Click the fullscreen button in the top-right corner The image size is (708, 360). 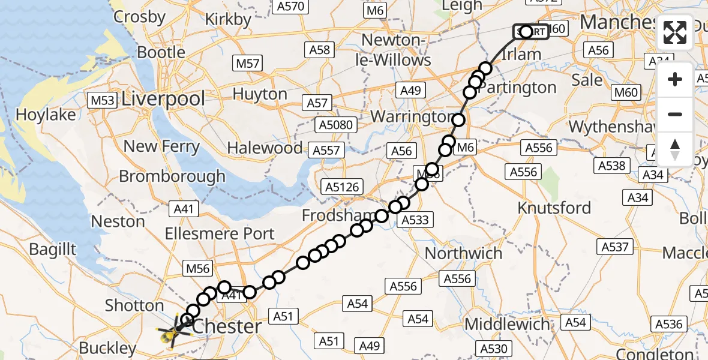point(675,32)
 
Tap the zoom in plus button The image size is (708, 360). point(675,79)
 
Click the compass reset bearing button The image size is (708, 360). point(675,149)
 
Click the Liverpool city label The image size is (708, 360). point(163,99)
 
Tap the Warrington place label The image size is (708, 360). point(412,116)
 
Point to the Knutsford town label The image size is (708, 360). point(554,208)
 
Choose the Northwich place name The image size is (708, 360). point(463,253)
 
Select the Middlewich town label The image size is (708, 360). point(507,325)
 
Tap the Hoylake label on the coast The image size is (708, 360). point(46,114)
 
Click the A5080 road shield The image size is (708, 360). point(337,125)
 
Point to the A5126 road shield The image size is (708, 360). point(343,187)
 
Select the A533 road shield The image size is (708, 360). point(415,220)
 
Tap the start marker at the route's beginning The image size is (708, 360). point(531,31)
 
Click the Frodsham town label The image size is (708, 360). point(329,215)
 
